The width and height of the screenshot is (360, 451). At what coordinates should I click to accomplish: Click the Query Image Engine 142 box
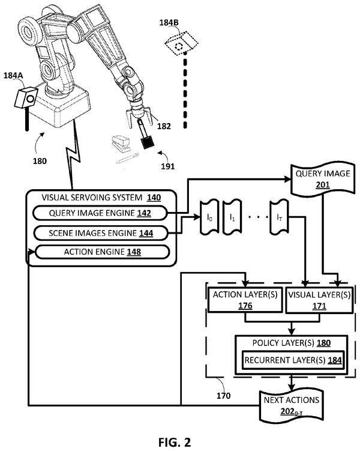pyautogui.click(x=100, y=213)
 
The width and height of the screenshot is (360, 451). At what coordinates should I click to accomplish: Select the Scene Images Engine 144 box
pyautogui.click(x=101, y=233)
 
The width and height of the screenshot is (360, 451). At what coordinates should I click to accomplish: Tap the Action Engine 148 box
pyautogui.click(x=102, y=252)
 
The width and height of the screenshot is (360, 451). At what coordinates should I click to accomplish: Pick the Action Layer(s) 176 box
pyautogui.click(x=245, y=300)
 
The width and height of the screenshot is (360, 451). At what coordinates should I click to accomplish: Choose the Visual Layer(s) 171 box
pyautogui.click(x=319, y=300)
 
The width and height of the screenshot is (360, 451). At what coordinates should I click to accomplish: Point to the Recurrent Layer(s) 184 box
pyautogui.click(x=292, y=360)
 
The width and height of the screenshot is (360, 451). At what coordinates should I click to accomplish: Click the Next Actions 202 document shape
pyautogui.click(x=292, y=406)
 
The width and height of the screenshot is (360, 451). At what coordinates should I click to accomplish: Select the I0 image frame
pyautogui.click(x=209, y=217)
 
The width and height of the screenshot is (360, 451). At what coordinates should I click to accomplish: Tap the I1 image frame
pyautogui.click(x=232, y=217)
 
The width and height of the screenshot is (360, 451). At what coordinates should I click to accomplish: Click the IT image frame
pyautogui.click(x=279, y=217)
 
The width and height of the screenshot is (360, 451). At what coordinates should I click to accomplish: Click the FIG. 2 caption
pyautogui.click(x=175, y=442)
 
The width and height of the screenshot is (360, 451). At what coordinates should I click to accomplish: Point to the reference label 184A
pyautogui.click(x=13, y=75)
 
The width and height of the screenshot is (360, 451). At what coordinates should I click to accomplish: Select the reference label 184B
pyautogui.click(x=169, y=22)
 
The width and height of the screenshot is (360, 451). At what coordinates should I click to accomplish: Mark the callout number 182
pyautogui.click(x=164, y=126)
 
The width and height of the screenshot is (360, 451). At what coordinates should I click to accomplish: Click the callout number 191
pyautogui.click(x=168, y=166)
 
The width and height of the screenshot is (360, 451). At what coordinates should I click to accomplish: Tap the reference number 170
pyautogui.click(x=224, y=396)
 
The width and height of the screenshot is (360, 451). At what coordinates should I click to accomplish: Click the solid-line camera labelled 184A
pyautogui.click(x=26, y=98)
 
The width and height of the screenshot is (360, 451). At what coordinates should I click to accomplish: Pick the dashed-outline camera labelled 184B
pyautogui.click(x=181, y=43)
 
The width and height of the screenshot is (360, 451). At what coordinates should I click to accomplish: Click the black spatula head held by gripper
pyautogui.click(x=148, y=142)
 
